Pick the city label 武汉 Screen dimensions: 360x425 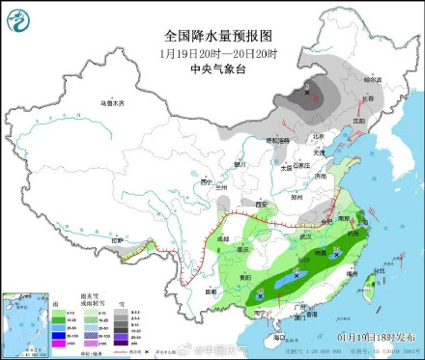tap(308, 235)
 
